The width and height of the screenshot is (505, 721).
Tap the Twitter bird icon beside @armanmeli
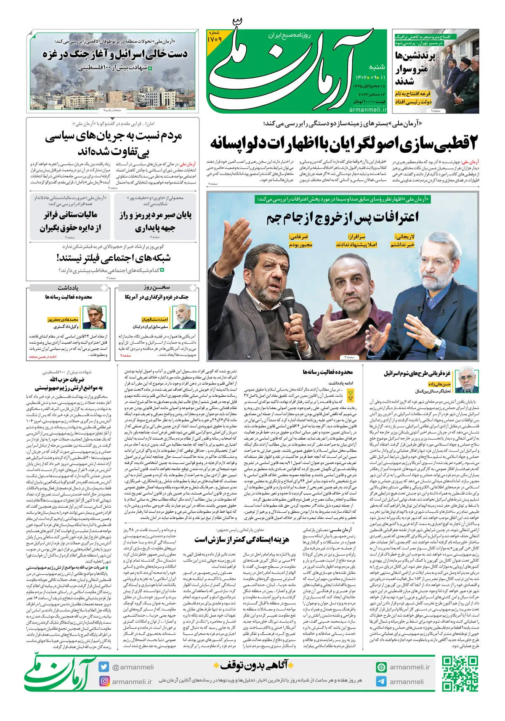pyautogui.click(x=104, y=667)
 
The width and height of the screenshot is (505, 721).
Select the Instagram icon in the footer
pyautogui.click(x=104, y=681)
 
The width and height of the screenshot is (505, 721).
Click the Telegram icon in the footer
pyautogui.click(x=381, y=681)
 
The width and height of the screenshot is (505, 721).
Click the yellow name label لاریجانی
pyautogui.click(x=404, y=237)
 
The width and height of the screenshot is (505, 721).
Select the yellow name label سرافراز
pyautogui.click(x=356, y=237)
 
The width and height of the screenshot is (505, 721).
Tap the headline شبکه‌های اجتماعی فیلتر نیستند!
pyautogui.click(x=114, y=258)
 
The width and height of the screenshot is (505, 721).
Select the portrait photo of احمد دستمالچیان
pyautogui.click(x=184, y=317)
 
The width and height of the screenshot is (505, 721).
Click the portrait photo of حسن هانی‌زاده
pyautogui.click(x=465, y=379)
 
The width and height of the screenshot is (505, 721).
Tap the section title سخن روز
pyautogui.click(x=156, y=288)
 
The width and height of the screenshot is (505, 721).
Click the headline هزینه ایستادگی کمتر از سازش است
pyautogui.click(x=242, y=539)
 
